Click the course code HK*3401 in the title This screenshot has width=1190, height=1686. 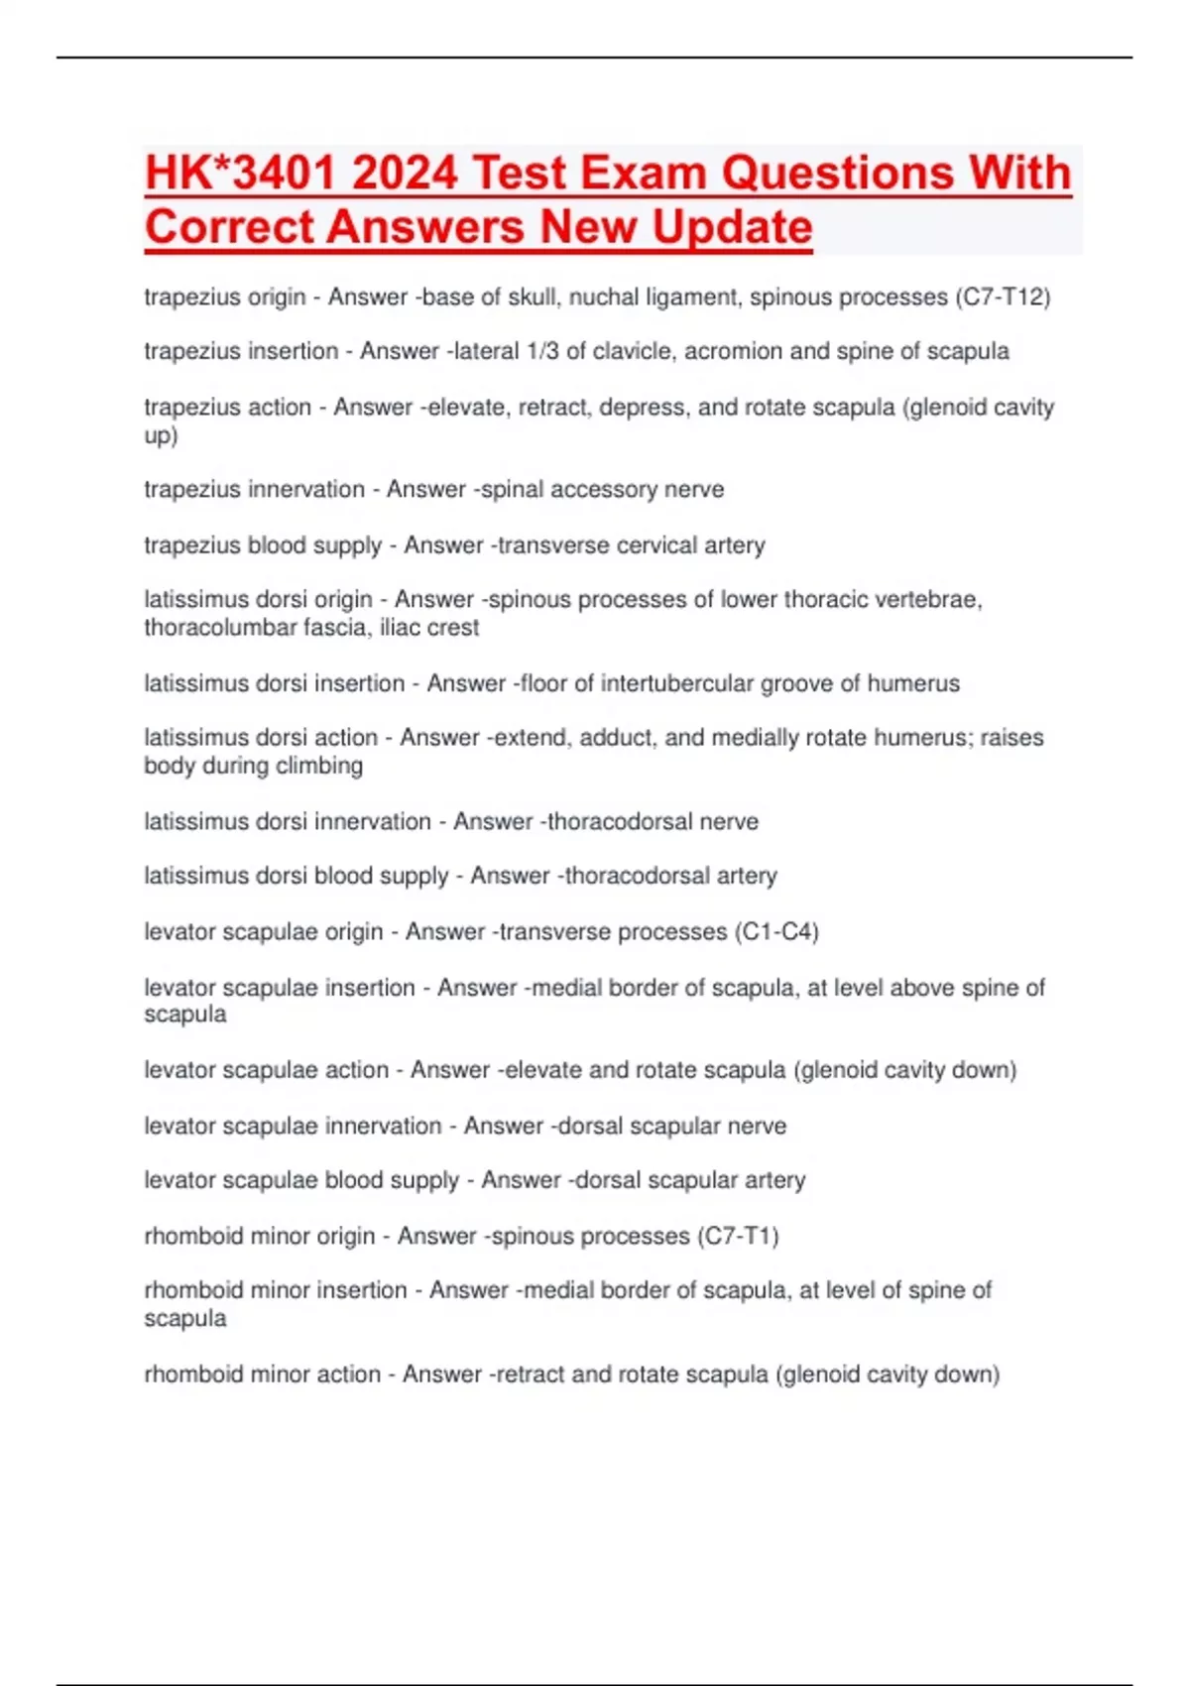(x=242, y=173)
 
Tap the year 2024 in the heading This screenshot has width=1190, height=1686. (x=405, y=173)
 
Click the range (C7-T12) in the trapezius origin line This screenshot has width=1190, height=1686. (x=1002, y=298)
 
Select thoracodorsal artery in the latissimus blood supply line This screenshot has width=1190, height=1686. (x=670, y=876)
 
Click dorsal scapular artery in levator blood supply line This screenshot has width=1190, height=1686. (x=686, y=1180)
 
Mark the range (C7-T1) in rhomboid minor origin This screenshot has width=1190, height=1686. (x=739, y=1237)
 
